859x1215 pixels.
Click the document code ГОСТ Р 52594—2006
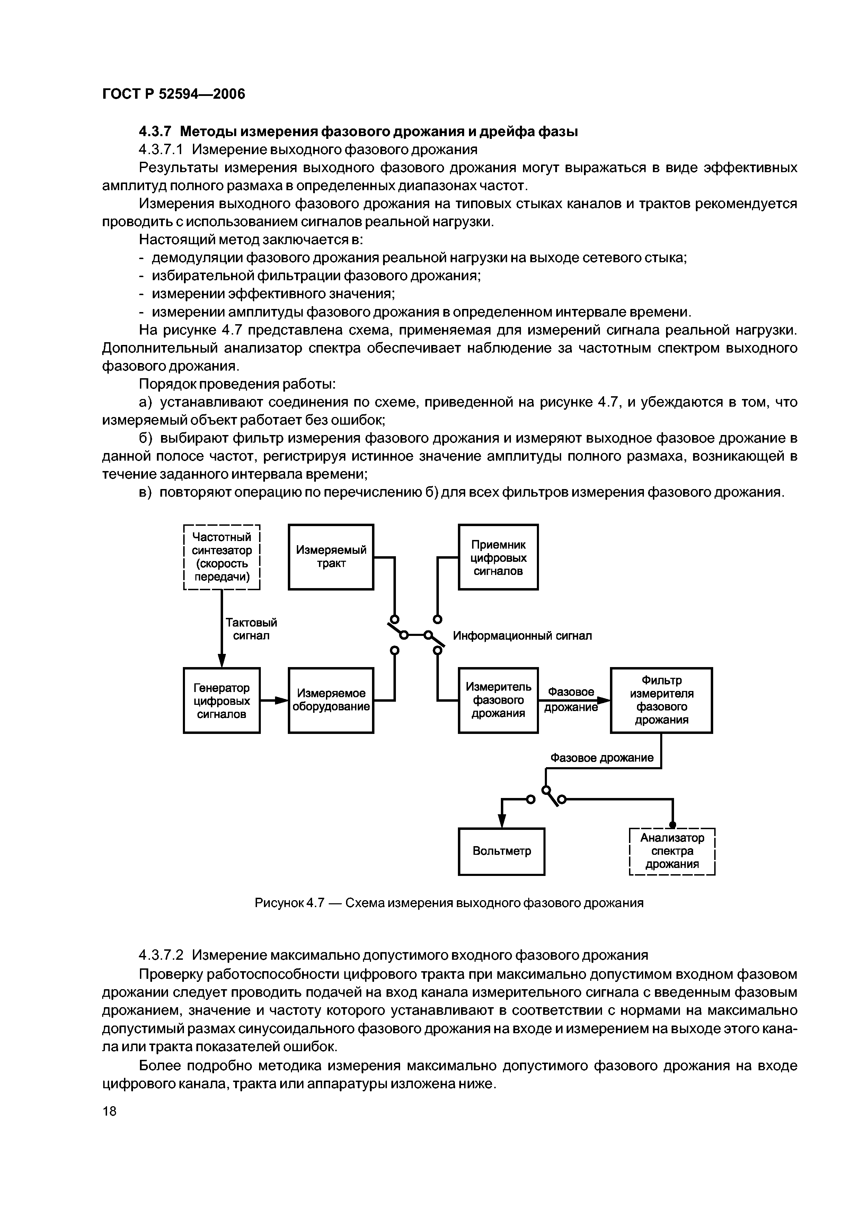(174, 94)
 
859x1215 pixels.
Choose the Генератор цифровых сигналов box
(221, 701)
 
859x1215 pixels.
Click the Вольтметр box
(501, 851)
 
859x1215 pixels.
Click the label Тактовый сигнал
(251, 629)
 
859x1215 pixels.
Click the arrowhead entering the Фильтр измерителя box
(603, 700)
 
